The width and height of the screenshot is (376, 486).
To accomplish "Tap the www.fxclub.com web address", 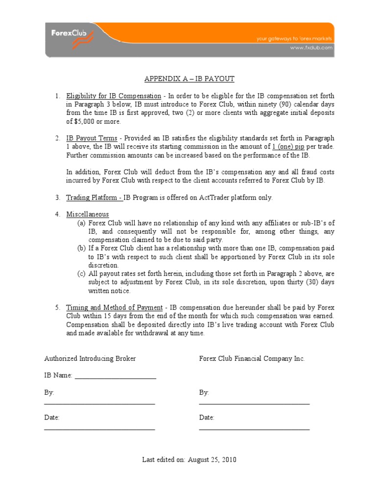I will [x=311, y=48].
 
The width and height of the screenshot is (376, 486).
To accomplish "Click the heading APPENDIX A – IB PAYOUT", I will [x=189, y=79].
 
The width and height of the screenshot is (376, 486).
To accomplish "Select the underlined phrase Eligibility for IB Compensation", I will [x=114, y=96].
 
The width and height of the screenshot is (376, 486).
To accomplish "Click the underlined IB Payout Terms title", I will [x=92, y=138].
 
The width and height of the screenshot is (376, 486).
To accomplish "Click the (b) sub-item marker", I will [x=81, y=248].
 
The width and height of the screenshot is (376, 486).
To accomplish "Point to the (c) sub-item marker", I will [x=81, y=274].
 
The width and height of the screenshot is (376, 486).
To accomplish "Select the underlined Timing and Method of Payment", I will [x=114, y=308].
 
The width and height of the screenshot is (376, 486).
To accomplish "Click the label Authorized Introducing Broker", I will [x=90, y=358].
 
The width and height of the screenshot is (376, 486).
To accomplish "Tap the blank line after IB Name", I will [x=116, y=376].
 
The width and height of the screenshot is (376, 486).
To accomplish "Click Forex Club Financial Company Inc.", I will [x=252, y=358].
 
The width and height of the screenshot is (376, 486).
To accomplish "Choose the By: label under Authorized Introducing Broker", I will [x=49, y=393].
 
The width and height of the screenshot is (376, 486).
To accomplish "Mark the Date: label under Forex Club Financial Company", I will [x=207, y=418].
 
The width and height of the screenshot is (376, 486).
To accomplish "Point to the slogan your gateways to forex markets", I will [x=295, y=39].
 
